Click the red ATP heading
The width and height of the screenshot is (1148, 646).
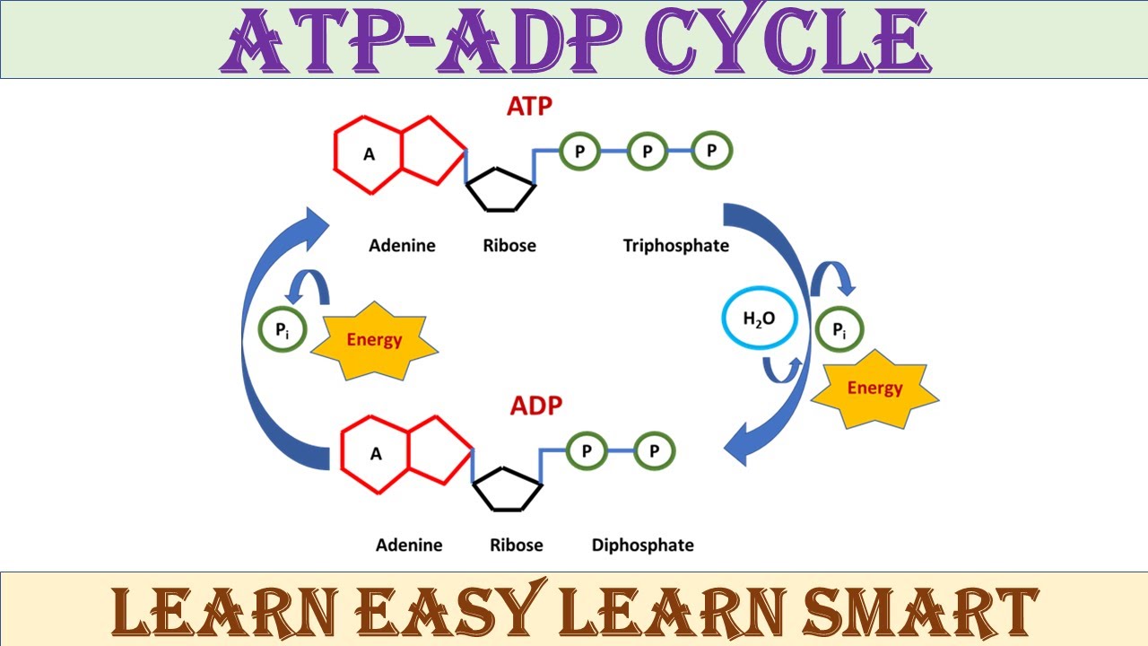click(530, 106)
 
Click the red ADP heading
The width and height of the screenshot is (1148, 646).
click(536, 406)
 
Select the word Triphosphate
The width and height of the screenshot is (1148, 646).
click(676, 245)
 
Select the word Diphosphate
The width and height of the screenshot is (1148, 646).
click(642, 545)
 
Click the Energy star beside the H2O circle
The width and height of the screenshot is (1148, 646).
click(874, 388)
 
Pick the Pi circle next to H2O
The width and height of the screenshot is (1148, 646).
click(839, 330)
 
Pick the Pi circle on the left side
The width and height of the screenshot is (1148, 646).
click(282, 330)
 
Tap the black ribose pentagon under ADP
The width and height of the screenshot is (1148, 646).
click(507, 489)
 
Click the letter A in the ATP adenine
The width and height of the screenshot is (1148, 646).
click(369, 154)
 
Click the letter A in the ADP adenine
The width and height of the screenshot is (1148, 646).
click(376, 454)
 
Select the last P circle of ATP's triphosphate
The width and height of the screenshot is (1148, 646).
click(711, 151)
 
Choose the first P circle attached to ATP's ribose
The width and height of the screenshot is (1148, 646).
click(580, 152)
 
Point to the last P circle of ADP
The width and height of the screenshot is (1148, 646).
click(654, 451)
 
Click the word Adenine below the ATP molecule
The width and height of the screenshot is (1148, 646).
click(402, 245)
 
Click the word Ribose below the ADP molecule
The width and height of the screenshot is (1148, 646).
click(516, 545)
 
